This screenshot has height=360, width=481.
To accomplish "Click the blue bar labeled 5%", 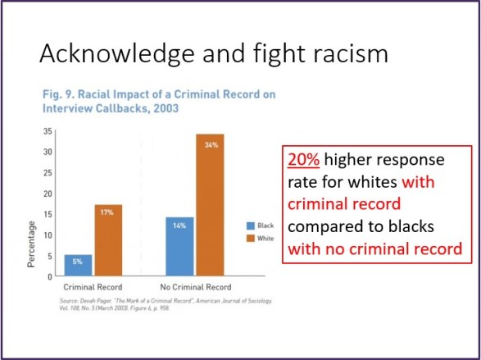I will coord(79,266).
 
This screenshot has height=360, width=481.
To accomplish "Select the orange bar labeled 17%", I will coord(108,240).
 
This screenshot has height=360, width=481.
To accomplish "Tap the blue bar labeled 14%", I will coord(180,247).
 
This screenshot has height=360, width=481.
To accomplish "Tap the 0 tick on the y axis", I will coord(49,277).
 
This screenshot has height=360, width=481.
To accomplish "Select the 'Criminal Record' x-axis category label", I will coord(93,288).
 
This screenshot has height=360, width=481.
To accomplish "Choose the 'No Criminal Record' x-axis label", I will coord(195,288).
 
